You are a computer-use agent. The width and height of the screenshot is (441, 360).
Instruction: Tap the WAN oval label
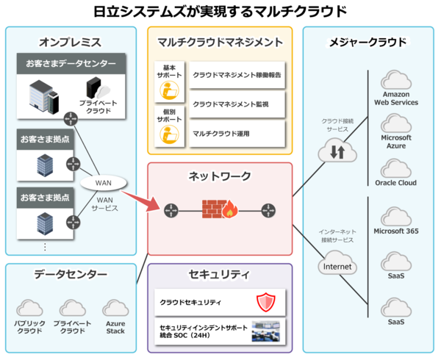coord(103,182)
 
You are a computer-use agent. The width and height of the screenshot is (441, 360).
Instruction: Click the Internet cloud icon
coord(336,265)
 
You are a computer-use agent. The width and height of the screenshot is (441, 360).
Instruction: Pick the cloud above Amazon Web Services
coord(395,79)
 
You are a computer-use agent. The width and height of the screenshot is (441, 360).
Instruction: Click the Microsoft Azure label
coord(396,142)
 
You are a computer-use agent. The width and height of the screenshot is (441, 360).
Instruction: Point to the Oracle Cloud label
coord(395,183)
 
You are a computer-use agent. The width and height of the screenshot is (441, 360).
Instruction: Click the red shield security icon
coord(265,301)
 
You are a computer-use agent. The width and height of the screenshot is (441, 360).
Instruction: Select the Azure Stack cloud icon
coord(115,308)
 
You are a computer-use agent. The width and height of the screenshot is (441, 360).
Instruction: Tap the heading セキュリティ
coord(220,274)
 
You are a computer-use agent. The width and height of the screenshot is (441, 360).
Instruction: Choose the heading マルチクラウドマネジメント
coord(220,43)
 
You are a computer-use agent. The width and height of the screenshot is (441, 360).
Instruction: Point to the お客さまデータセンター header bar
coord(71,64)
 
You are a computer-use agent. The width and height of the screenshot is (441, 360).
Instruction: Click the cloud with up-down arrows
coord(337,152)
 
